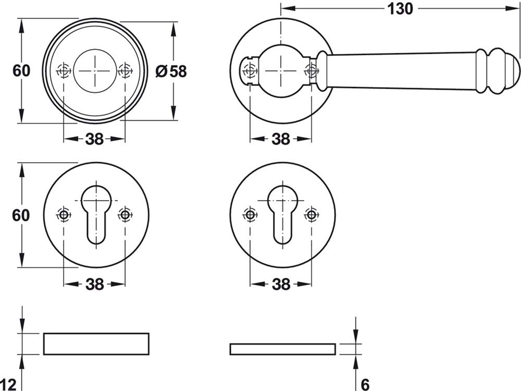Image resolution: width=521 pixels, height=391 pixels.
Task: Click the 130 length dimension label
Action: click(400, 9)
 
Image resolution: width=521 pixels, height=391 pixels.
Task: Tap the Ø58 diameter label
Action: click(171, 71)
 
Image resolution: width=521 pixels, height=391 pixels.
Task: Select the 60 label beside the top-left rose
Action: click(21, 70)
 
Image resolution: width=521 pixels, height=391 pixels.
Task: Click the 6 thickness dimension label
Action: click(365, 385)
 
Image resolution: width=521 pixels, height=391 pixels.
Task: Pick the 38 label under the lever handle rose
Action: click(281, 139)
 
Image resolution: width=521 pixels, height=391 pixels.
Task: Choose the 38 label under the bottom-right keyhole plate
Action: click(281, 284)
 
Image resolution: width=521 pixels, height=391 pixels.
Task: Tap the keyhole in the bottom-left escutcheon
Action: click(96, 215)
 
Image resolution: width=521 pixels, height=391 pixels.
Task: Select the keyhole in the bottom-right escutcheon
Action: click(282, 215)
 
